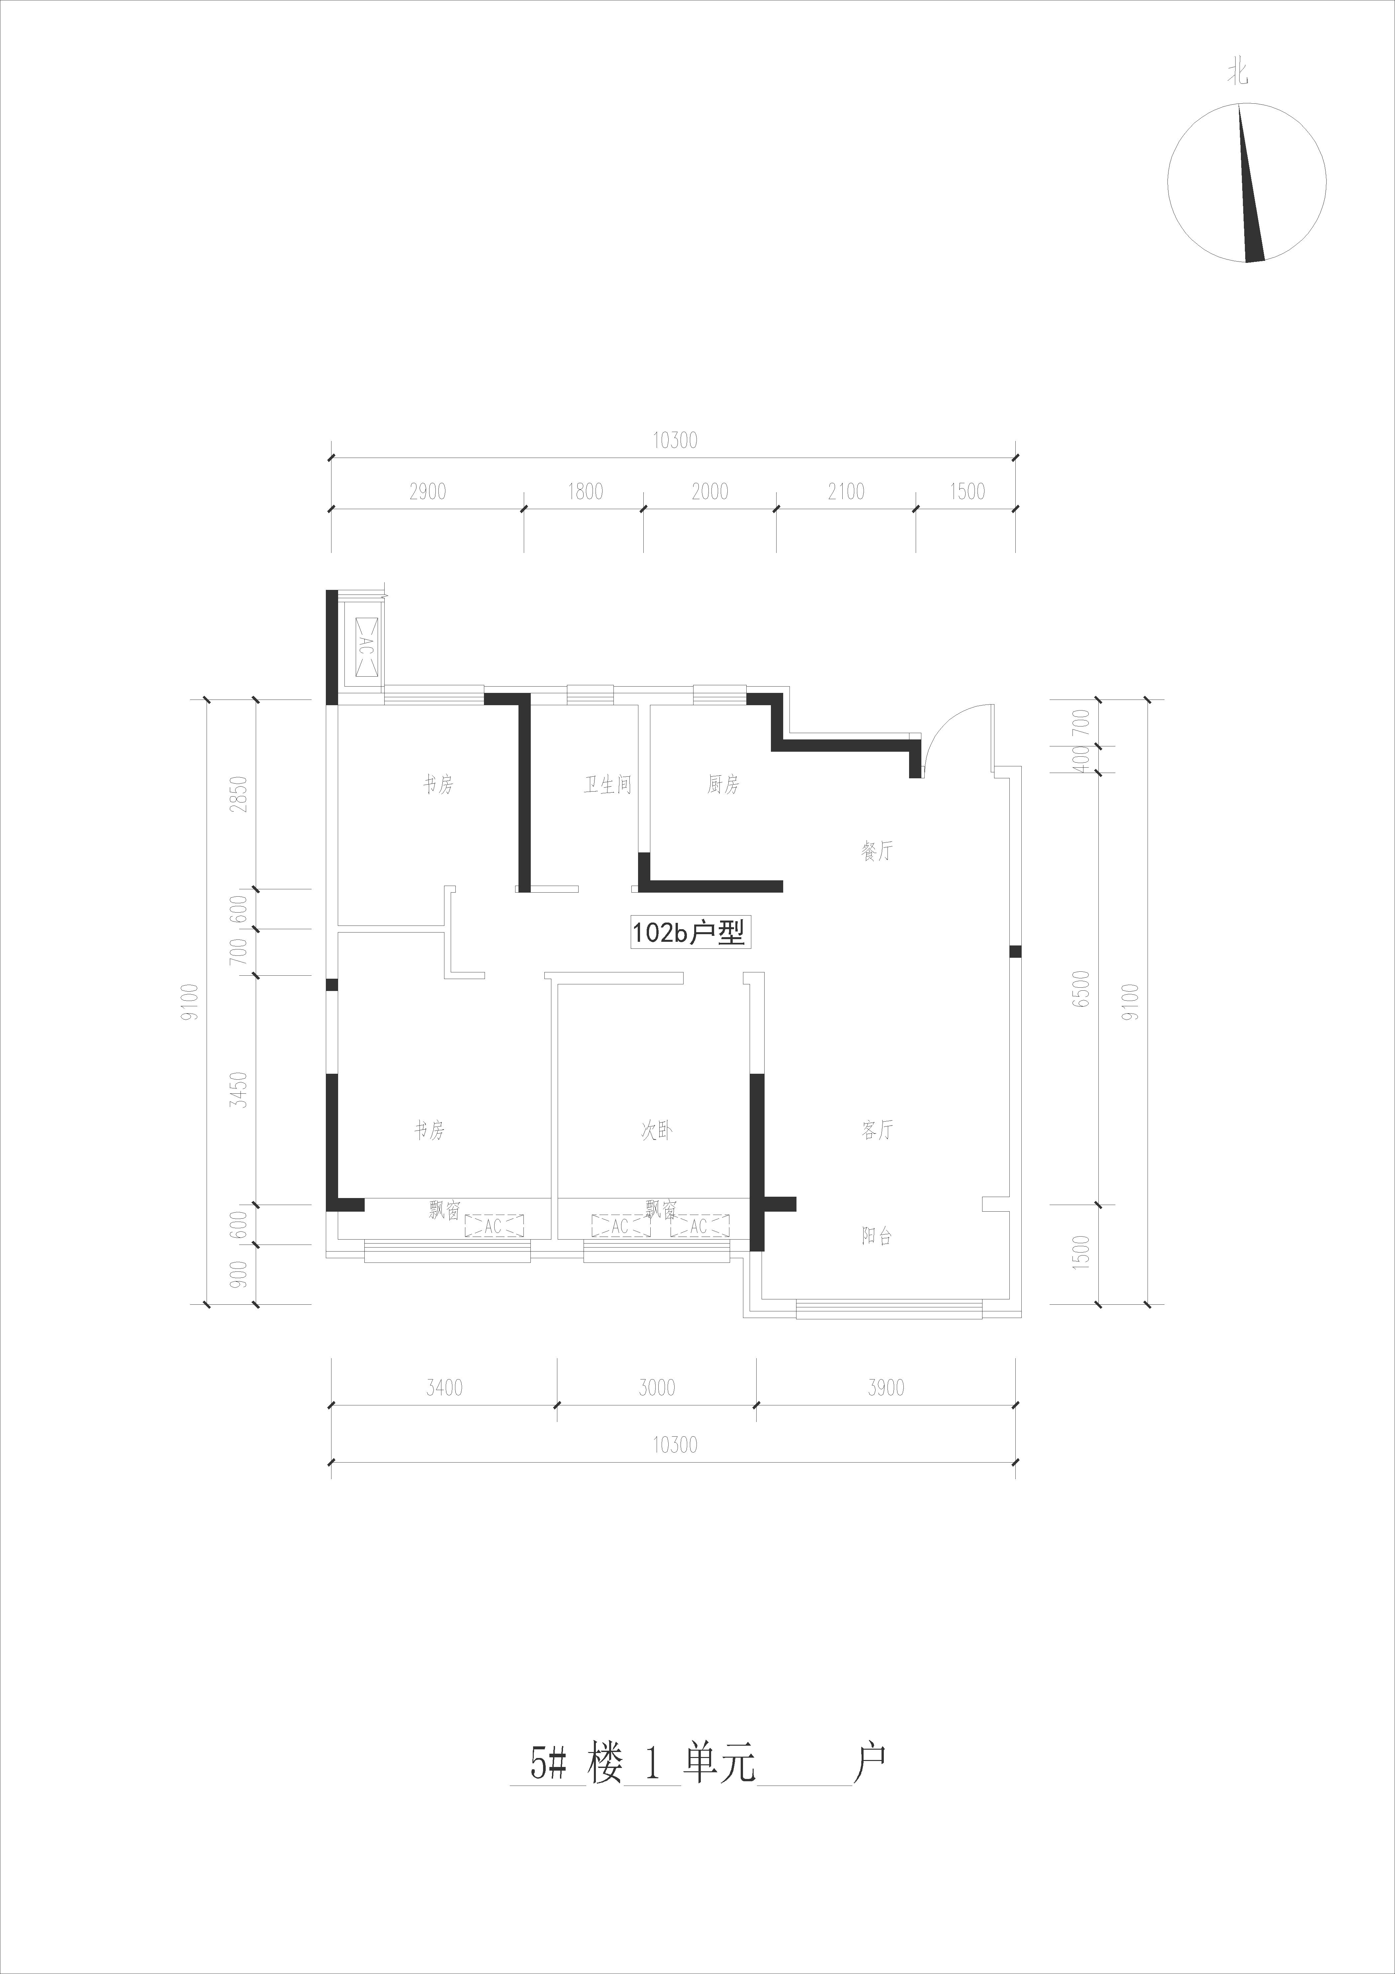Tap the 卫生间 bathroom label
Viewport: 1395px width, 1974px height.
[x=608, y=785]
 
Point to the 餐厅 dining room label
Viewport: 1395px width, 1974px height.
[x=877, y=851]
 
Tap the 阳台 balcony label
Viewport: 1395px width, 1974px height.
[x=877, y=1236]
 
